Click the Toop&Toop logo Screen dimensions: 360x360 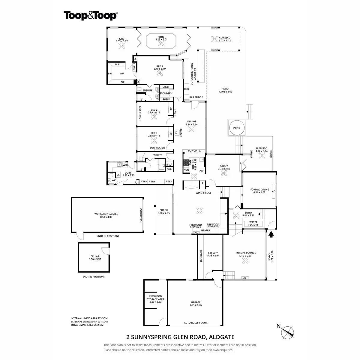[90, 16]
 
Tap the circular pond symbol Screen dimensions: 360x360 [237, 128]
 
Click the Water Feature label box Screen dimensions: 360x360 [253, 223]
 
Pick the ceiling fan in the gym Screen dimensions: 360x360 [122, 46]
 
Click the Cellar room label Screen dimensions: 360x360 [95, 258]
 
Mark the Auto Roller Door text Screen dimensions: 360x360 [196, 323]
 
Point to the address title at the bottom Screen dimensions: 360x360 [180, 337]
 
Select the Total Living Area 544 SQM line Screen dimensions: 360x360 [87, 325]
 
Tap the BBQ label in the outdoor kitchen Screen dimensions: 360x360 [187, 89]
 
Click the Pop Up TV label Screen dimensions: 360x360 [196, 151]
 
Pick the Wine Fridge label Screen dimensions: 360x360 [203, 193]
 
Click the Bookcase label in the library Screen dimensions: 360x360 [201, 256]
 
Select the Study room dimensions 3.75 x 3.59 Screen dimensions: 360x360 [224, 169]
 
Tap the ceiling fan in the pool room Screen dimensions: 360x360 [161, 44]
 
